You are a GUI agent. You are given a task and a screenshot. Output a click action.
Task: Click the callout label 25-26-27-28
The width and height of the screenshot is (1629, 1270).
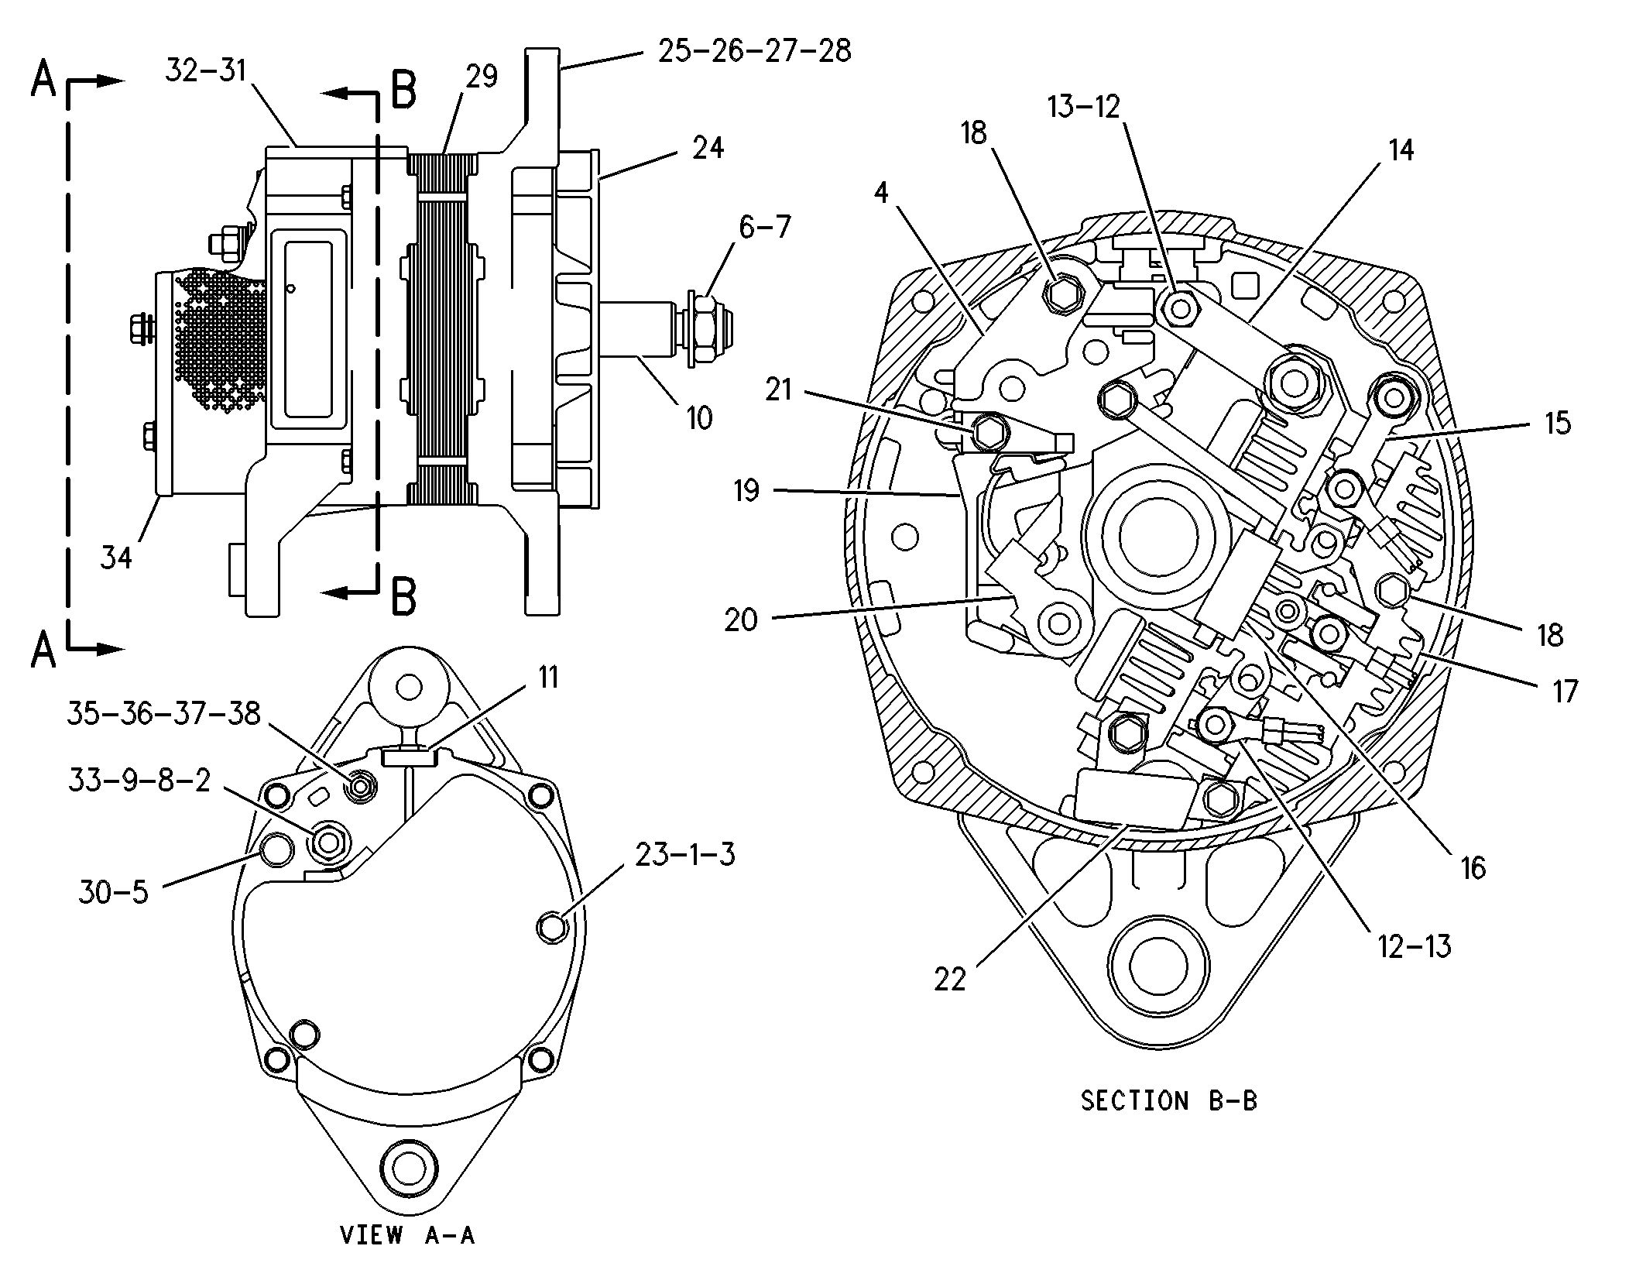[754, 51]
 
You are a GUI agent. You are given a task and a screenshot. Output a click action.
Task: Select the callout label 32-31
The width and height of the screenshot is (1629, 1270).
[205, 70]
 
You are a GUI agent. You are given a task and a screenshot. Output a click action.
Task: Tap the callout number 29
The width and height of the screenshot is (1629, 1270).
[482, 77]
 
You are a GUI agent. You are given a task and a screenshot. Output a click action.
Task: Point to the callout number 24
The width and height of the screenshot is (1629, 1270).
[708, 147]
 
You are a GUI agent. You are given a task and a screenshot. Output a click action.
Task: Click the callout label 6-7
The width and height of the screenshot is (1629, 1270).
[765, 227]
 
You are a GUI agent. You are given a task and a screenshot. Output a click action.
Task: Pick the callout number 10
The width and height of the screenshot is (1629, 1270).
[698, 418]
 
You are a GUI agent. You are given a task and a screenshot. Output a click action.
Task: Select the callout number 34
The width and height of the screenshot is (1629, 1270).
[116, 557]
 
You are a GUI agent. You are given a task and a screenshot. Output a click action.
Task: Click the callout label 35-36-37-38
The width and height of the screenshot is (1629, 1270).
[163, 713]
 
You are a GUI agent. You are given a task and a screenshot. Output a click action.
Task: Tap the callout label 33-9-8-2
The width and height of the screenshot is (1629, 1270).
[139, 781]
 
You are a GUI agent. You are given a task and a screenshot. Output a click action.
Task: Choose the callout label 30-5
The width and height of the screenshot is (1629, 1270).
[112, 892]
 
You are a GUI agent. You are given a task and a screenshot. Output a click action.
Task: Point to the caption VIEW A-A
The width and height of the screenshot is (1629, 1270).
[407, 1234]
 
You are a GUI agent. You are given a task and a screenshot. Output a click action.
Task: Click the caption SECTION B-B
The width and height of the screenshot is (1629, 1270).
[1168, 1100]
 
